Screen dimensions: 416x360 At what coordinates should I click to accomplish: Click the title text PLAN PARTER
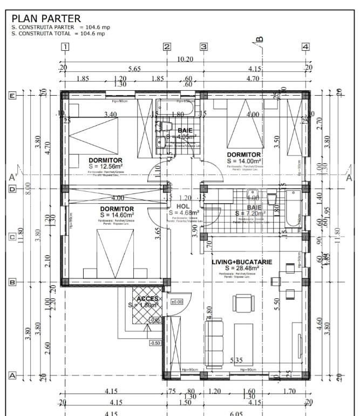coord(46,19)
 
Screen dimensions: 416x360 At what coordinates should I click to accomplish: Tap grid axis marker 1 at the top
coord(65,47)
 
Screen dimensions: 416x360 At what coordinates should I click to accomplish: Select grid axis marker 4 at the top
coord(306,47)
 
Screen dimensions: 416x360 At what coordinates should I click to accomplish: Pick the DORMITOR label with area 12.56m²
coord(105,160)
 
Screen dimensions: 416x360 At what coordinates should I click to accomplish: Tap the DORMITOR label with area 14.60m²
coord(117,209)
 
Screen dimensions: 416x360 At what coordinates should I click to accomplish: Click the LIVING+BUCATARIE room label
coord(242,261)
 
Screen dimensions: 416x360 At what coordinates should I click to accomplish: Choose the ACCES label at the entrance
coord(147,299)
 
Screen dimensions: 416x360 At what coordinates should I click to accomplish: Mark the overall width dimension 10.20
coord(185,59)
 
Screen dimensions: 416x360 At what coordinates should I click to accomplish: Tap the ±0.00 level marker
coord(177,302)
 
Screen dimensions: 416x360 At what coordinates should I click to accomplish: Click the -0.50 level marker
coord(155,343)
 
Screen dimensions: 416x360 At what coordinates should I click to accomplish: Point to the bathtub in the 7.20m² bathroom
coord(292,208)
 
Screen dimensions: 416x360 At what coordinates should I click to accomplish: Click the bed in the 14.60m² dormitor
coord(114,254)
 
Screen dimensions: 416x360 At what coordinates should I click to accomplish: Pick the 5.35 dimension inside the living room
coord(236,360)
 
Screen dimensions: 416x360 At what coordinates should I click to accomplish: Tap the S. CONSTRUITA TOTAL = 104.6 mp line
coord(58,33)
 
